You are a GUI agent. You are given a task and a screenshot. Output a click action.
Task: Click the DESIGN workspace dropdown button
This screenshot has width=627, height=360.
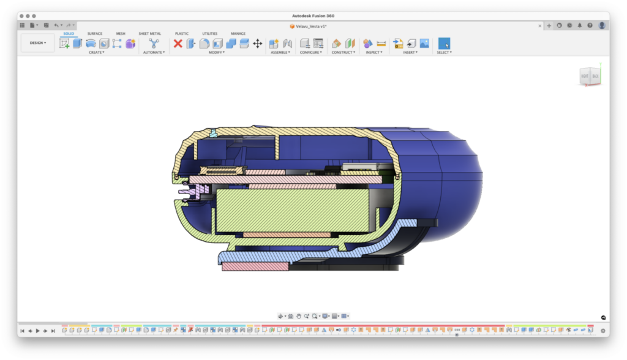(38, 43)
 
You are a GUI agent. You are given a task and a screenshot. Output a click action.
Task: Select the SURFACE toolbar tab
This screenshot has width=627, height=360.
(95, 34)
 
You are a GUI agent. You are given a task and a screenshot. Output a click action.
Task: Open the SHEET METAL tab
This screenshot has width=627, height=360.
(149, 34)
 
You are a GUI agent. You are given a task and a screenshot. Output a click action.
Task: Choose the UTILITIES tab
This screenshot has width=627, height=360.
(209, 34)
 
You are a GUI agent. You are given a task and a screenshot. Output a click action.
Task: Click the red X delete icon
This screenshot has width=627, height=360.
(178, 43)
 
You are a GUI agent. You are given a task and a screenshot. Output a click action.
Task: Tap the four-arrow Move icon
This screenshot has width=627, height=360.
(258, 43)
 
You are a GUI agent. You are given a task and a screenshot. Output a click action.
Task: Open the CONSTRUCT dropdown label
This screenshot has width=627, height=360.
(343, 53)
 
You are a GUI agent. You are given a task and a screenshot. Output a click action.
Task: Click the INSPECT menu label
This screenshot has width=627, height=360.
(373, 53)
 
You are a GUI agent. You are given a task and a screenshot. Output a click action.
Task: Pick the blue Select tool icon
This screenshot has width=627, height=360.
(444, 43)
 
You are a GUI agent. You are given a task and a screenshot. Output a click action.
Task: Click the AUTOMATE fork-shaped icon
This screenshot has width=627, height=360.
(154, 43)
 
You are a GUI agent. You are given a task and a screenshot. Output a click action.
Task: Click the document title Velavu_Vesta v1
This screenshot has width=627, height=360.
(310, 26)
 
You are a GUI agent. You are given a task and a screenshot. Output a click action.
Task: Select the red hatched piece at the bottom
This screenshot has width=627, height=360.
(255, 266)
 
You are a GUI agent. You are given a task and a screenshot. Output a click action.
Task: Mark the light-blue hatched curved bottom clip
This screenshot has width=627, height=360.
(367, 244)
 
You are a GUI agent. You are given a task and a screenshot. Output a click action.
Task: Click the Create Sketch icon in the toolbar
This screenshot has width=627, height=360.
(64, 43)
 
